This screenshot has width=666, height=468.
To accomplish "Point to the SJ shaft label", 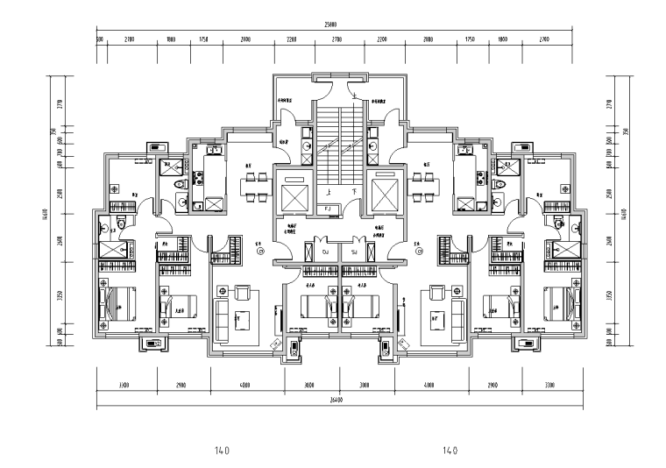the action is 354,252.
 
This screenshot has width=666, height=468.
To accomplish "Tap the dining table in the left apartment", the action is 256,183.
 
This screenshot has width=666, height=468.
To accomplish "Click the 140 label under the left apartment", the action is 222,451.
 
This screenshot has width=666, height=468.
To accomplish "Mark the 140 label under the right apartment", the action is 450,451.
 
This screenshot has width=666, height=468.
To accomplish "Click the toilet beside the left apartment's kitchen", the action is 181,185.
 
